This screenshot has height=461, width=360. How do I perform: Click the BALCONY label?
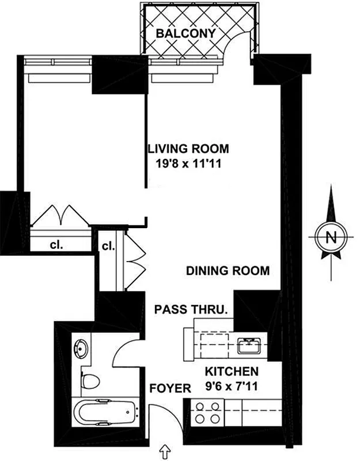(185, 33)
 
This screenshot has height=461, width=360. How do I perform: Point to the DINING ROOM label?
(228, 270)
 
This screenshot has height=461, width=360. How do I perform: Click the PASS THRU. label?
(191, 309)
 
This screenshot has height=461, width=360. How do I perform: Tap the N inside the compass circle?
(331, 237)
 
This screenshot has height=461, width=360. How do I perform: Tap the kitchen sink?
(249, 346)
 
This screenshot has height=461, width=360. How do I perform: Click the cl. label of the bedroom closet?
(56, 244)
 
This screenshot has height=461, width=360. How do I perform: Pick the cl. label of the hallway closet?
(108, 246)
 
